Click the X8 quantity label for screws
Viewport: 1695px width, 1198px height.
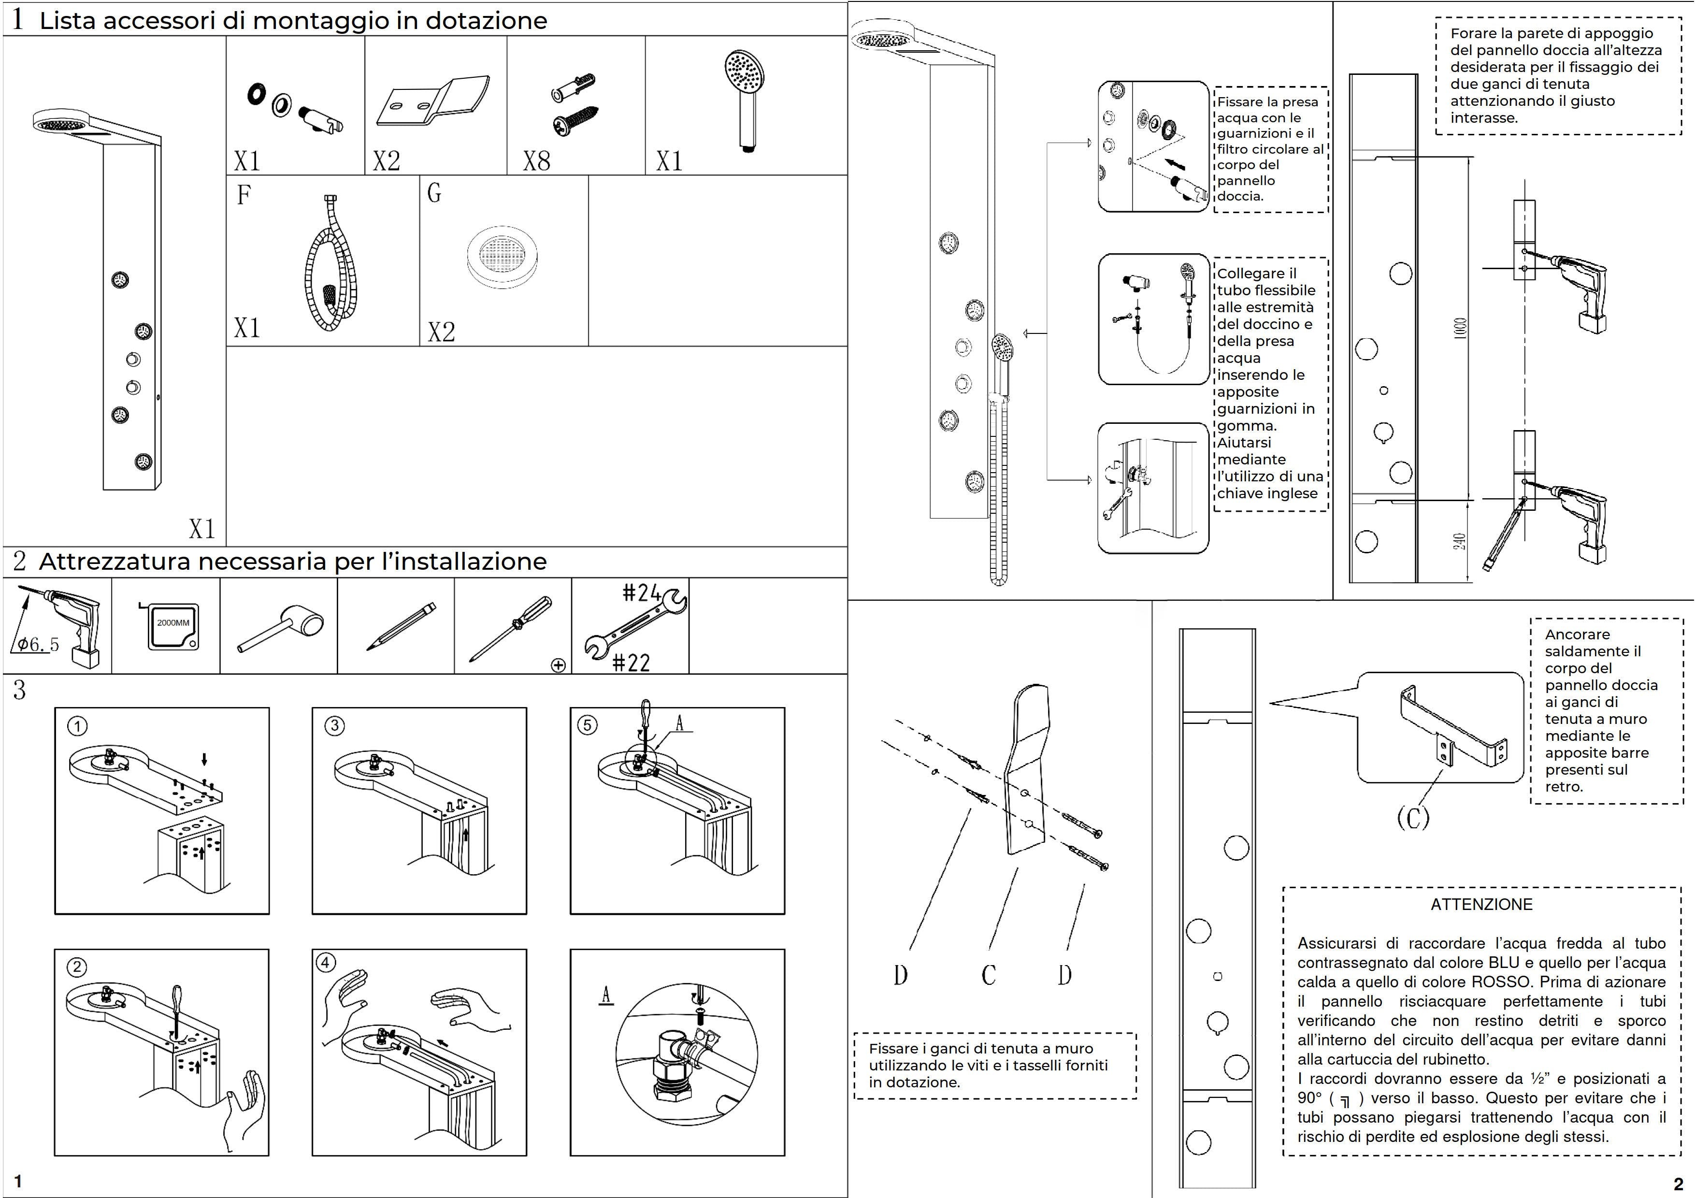537,161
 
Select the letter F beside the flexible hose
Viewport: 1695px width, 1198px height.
244,194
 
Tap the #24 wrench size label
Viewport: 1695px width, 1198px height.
641,593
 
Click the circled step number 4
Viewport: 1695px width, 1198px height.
326,963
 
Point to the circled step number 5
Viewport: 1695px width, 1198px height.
587,725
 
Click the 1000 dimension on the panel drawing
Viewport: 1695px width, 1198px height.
1460,329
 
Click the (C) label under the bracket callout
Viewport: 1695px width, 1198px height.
1413,817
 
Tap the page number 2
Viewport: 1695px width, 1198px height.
1678,1184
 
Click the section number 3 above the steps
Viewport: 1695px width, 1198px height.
19,690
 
